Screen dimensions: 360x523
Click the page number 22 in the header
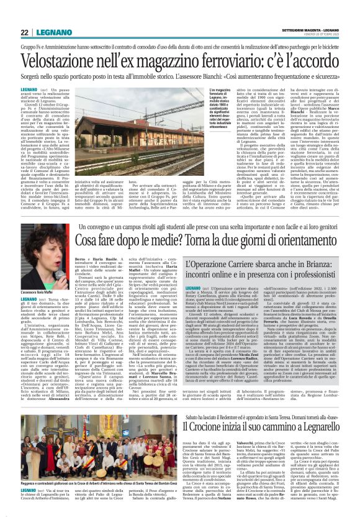(24, 32)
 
